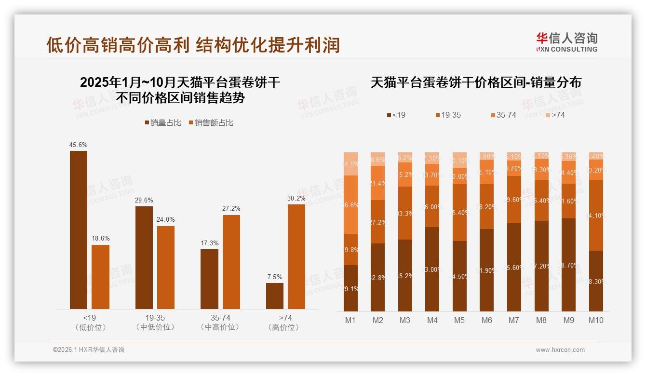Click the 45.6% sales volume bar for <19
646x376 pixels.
pyautogui.click(x=79, y=230)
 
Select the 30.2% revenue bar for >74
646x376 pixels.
pyautogui.click(x=296, y=256)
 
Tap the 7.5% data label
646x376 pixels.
pyautogui.click(x=275, y=277)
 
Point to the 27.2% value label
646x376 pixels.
pyautogui.click(x=231, y=208)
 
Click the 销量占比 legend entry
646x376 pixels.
pyautogui.click(x=163, y=123)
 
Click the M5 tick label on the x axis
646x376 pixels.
pyautogui.click(x=459, y=320)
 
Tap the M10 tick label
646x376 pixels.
pyautogui.click(x=596, y=320)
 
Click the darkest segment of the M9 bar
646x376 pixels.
pyautogui.click(x=568, y=265)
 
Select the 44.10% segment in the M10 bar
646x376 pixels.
pyautogui.click(x=596, y=215)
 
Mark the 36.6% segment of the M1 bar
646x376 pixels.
pyautogui.click(x=351, y=204)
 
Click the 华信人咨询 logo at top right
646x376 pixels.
pyautogui.click(x=567, y=42)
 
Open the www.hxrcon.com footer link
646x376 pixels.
pyautogui.click(x=560, y=350)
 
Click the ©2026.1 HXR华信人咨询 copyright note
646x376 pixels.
pyautogui.click(x=89, y=350)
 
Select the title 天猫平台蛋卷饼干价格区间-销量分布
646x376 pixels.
pyautogui.click(x=476, y=82)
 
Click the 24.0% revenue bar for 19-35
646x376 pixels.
pyautogui.click(x=166, y=268)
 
